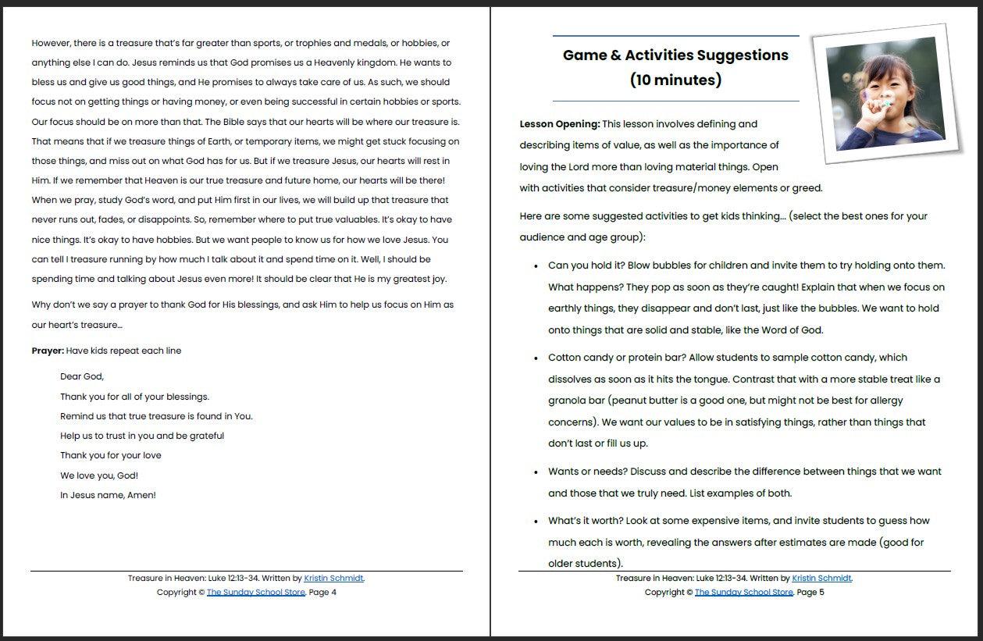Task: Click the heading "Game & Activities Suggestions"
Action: tap(675, 55)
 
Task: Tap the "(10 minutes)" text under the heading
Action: tap(675, 80)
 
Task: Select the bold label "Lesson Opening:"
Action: tap(559, 124)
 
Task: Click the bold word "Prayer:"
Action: tap(48, 351)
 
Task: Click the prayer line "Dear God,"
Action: tap(82, 376)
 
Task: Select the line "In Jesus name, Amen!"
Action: tap(108, 495)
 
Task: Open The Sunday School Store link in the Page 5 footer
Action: tap(743, 593)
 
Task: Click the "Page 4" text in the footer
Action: tap(322, 593)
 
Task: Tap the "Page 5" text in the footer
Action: tap(810, 593)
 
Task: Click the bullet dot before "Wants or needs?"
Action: tap(536, 472)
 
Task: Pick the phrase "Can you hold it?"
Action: tap(586, 265)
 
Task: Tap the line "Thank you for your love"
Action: tap(111, 455)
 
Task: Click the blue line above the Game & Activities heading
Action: tap(675, 36)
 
